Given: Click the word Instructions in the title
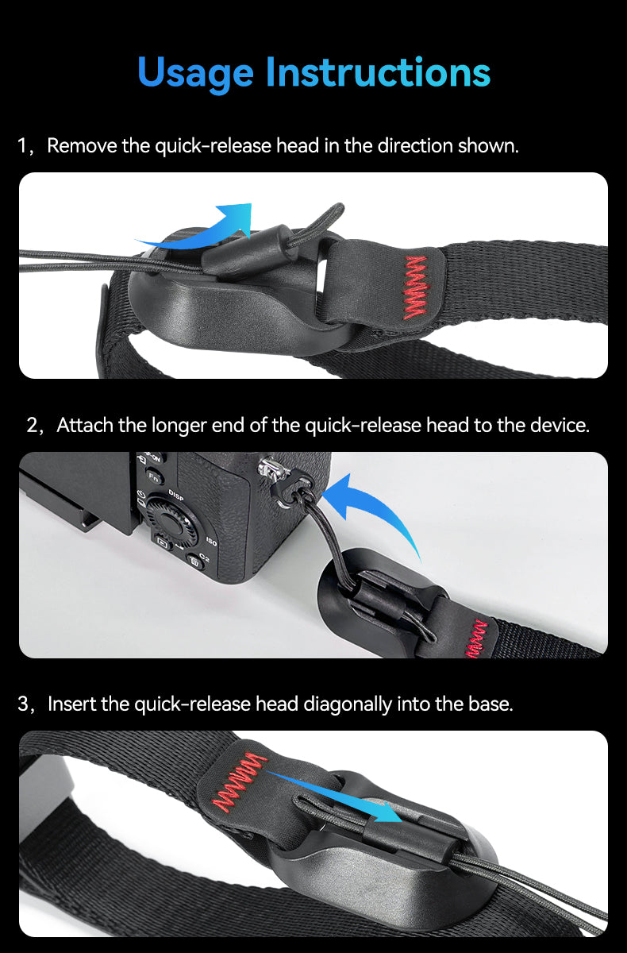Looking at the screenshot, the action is (x=379, y=71).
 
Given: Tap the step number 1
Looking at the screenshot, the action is (x=23, y=146).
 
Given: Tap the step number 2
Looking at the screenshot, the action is (x=33, y=426).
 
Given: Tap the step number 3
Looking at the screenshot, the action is (x=23, y=704).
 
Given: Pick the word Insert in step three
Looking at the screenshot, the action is (x=71, y=704).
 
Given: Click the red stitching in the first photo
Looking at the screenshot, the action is (x=415, y=287).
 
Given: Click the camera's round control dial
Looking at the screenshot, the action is (x=175, y=523).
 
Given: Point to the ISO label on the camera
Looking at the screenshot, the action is (x=211, y=542).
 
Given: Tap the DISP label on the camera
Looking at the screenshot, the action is (x=176, y=494).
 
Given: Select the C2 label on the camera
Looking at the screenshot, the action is (x=205, y=558).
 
